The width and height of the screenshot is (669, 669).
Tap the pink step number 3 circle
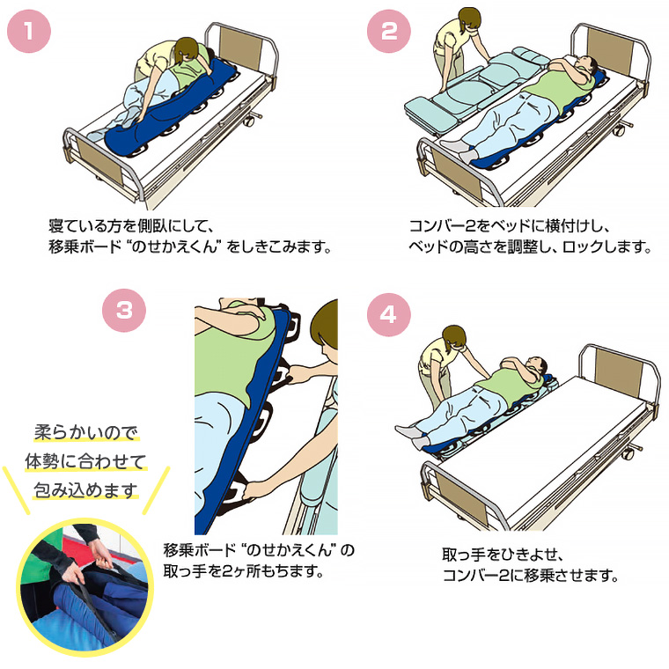pyautogui.click(x=124, y=310)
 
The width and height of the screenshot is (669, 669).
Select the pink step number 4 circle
pyautogui.click(x=388, y=314)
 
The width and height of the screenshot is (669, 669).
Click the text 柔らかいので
pyautogui.click(x=85, y=433)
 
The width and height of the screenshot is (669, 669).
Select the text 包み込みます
pyautogui.click(x=85, y=489)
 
